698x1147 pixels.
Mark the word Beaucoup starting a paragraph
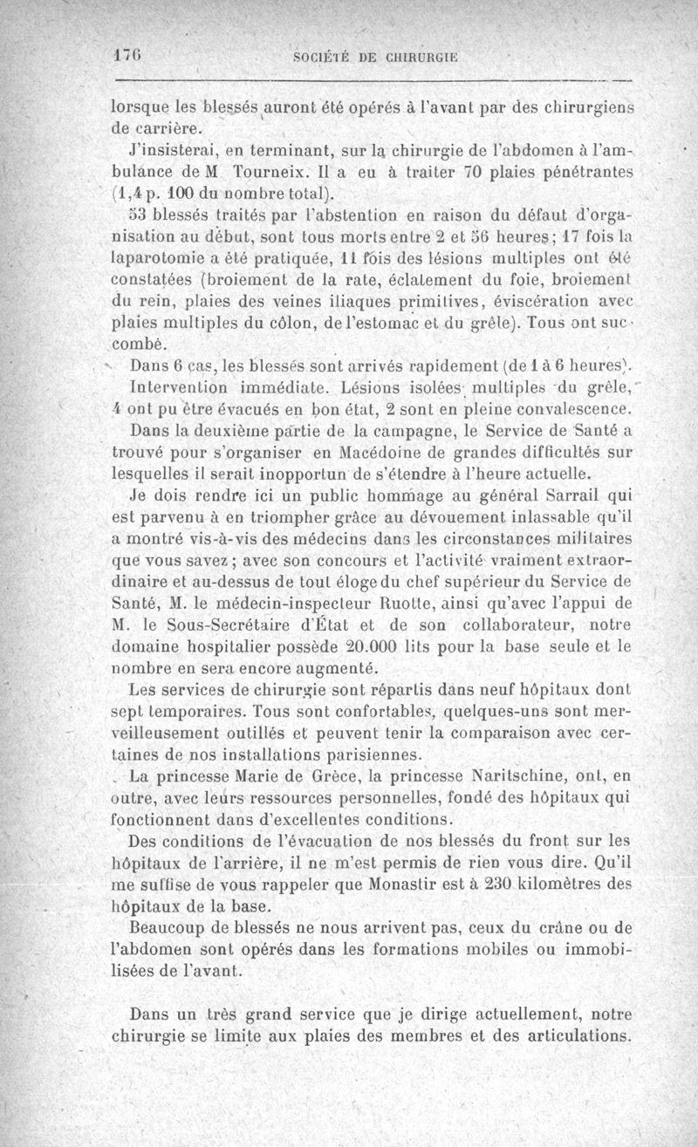(x=171, y=927)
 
